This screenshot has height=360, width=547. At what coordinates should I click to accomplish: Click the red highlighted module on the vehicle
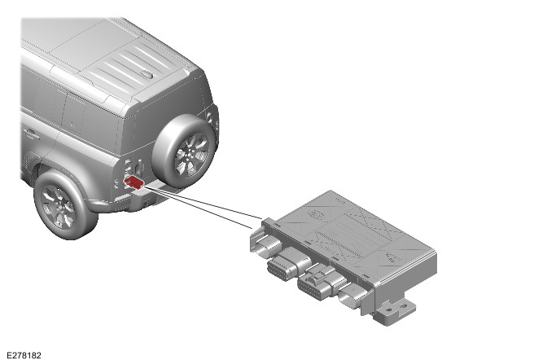133,182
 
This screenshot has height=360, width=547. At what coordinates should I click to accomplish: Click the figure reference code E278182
24,355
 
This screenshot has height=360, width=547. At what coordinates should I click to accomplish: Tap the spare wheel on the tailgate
184,151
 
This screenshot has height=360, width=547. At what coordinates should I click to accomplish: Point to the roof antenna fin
147,75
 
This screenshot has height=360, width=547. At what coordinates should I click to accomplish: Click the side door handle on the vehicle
31,133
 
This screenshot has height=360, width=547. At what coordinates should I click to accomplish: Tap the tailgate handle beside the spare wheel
139,168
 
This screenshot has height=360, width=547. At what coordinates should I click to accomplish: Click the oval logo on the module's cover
317,214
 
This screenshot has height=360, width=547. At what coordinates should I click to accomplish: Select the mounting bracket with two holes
395,310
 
